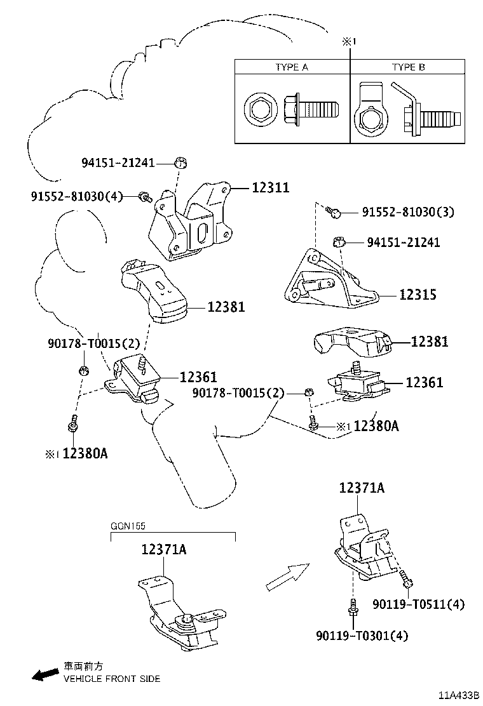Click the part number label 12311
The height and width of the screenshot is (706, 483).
pos(271,187)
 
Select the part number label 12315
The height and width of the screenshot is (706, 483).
pos(418,295)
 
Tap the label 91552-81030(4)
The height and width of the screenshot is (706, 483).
pos(76,196)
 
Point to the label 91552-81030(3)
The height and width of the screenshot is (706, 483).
pos(408,211)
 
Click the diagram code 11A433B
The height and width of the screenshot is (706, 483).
pos(456,695)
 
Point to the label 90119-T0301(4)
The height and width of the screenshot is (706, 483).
pos(362,635)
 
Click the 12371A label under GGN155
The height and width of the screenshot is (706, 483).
pos(164,550)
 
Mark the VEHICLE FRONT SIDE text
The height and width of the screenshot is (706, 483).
pos(111,679)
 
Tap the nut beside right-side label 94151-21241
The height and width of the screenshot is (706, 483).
pos(339,241)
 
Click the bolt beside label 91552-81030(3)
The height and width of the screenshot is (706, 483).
pos(333,212)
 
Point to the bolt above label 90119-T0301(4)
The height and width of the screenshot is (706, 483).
pos(351,608)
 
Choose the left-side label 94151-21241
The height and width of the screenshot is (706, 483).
pos(118,163)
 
